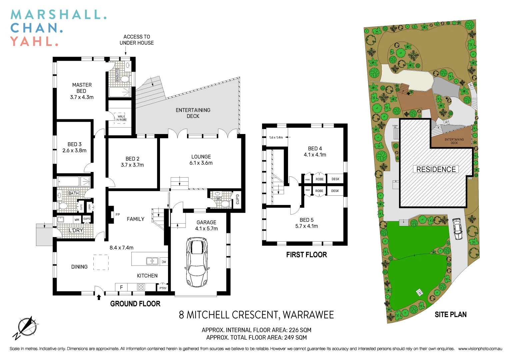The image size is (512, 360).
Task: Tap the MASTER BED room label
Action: pos(82,88)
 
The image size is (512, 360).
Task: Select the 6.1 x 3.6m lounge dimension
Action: pos(201,163)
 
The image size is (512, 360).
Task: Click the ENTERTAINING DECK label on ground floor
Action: pos(193,113)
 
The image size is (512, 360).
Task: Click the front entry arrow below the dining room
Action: pos(99,297)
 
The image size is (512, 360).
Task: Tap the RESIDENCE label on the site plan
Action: pos(436,169)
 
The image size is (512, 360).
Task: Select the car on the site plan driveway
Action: pos(457,229)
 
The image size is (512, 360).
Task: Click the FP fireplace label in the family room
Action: pos(118,215)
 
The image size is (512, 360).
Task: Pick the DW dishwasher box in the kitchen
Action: pos(164,262)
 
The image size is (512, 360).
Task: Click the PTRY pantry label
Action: pos(163,288)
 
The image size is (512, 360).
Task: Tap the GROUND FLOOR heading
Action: pos(135,304)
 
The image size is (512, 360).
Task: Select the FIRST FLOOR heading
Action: pos(306,255)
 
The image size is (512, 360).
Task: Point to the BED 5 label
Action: pos(306,220)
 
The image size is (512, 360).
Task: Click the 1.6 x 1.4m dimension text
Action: pos(276,137)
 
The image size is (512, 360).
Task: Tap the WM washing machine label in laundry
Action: pos(77,220)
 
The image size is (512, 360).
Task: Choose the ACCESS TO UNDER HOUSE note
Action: pos(137,40)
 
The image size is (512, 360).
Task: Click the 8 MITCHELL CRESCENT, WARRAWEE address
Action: pos(256,315)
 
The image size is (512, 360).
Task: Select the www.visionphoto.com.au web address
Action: pos(480,349)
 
